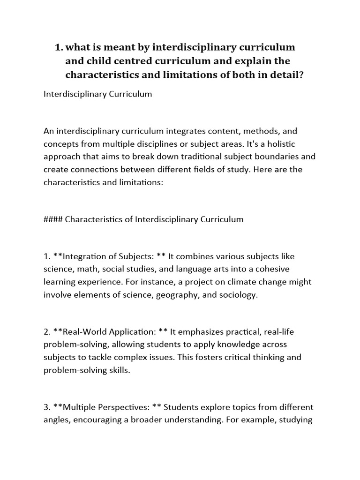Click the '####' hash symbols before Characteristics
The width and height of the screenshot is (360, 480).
coord(53,219)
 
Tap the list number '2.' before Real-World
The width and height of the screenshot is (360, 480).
coord(47,332)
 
